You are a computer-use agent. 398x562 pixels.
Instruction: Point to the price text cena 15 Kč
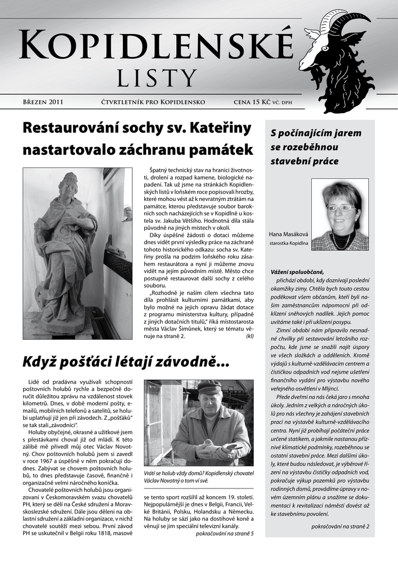click(x=252, y=102)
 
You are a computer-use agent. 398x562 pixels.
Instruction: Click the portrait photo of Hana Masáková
click(x=339, y=214)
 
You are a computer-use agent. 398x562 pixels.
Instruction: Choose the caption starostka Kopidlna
click(x=289, y=242)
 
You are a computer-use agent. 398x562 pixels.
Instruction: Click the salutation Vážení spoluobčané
click(x=297, y=272)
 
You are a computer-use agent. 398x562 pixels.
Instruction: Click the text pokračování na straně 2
click(x=340, y=526)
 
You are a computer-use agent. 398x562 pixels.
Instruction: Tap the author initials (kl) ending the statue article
click(x=250, y=336)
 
